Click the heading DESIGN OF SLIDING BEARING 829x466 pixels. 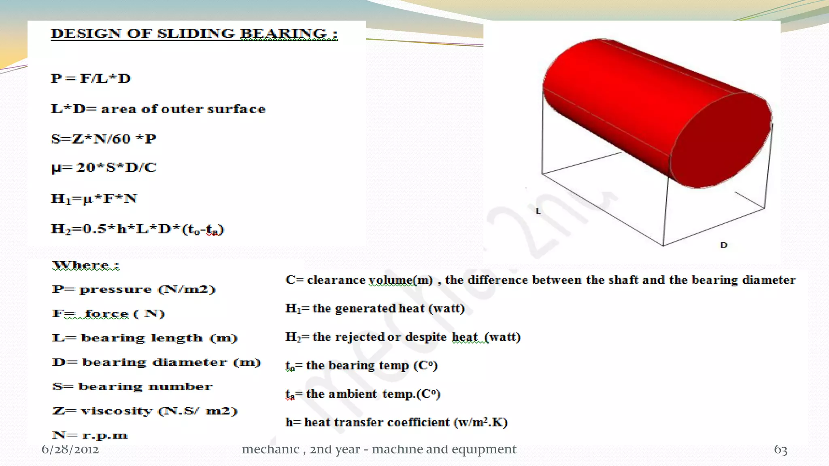click(x=193, y=34)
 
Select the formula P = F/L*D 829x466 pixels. click(x=91, y=78)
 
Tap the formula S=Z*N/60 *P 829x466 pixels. click(x=104, y=139)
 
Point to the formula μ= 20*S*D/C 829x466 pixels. click(x=104, y=167)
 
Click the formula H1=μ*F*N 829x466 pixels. click(x=94, y=199)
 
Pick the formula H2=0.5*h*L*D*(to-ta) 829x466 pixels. click(x=137, y=229)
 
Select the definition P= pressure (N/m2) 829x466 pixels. click(x=134, y=290)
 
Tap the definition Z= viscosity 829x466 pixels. click(x=145, y=411)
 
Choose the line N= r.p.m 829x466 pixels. click(x=90, y=435)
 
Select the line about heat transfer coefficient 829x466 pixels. click(x=396, y=422)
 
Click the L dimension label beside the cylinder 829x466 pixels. click(x=538, y=211)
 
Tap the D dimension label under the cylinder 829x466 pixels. click(x=724, y=245)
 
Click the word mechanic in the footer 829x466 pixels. click(x=270, y=449)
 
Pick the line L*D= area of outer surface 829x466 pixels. click(x=158, y=109)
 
